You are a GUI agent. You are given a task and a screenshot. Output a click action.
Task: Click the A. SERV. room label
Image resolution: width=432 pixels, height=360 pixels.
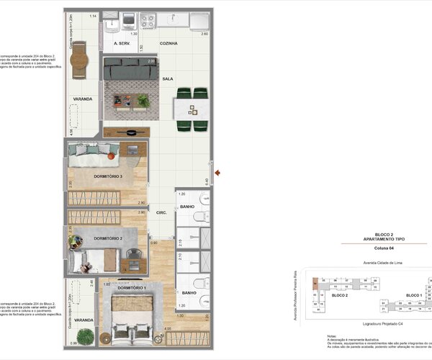point(125,44)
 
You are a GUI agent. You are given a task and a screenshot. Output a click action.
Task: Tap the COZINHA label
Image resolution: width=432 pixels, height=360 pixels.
point(168,44)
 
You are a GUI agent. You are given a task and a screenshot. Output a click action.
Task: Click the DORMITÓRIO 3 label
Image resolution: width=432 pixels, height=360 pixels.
point(109,176)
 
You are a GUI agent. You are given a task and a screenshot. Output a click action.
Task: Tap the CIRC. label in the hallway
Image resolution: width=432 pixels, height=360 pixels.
point(162,212)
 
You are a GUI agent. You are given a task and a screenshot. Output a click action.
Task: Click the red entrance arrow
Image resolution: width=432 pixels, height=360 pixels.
point(217,172)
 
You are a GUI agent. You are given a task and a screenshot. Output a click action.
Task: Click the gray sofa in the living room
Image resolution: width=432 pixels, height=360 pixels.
point(130,70)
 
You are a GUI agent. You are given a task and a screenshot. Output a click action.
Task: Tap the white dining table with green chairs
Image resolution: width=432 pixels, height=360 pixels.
point(192,109)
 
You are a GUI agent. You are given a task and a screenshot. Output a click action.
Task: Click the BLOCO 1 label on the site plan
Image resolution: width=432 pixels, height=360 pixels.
point(413,295)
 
